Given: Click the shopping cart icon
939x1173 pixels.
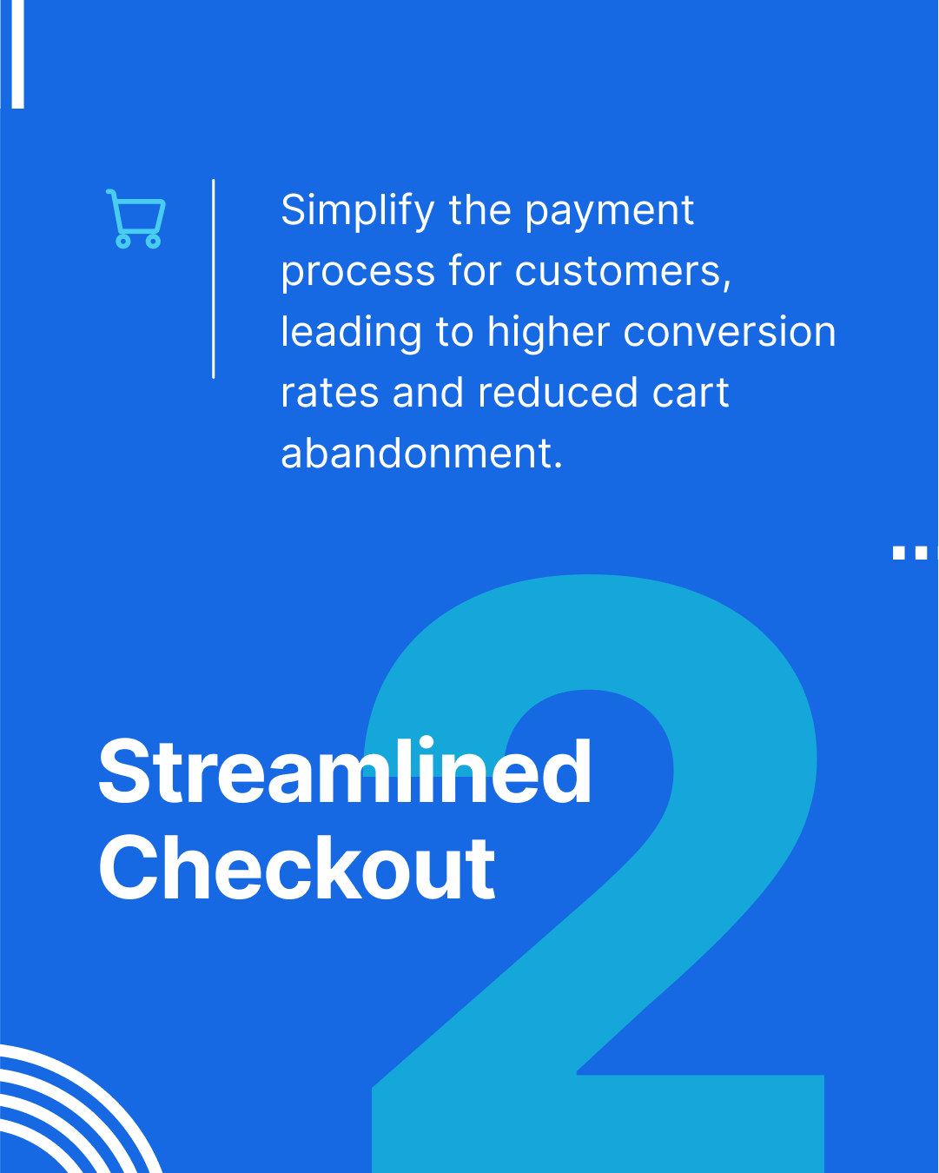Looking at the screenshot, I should (x=136, y=218).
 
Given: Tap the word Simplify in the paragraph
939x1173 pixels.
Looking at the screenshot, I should (x=357, y=211).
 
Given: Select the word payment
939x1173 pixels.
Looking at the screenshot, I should (x=609, y=211).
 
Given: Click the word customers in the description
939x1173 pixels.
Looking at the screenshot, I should (x=623, y=271).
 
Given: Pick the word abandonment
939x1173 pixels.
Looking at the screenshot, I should (x=421, y=454).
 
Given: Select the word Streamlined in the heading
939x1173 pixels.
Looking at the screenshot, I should (x=345, y=772).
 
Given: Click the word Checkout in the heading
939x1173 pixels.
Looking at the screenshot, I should (x=297, y=868).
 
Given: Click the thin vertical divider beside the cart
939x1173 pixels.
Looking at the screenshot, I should (x=213, y=278).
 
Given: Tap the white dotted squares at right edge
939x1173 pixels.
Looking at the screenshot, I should (x=914, y=553).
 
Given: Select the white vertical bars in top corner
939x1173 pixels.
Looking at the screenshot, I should (x=13, y=52).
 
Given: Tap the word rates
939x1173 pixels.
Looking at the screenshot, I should (x=329, y=394).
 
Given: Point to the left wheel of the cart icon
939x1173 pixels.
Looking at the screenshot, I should (x=123, y=241).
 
